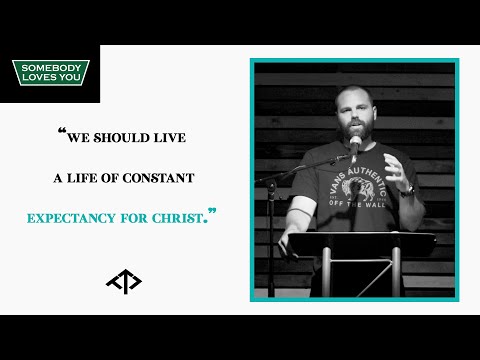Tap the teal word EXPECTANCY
(96, 215)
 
